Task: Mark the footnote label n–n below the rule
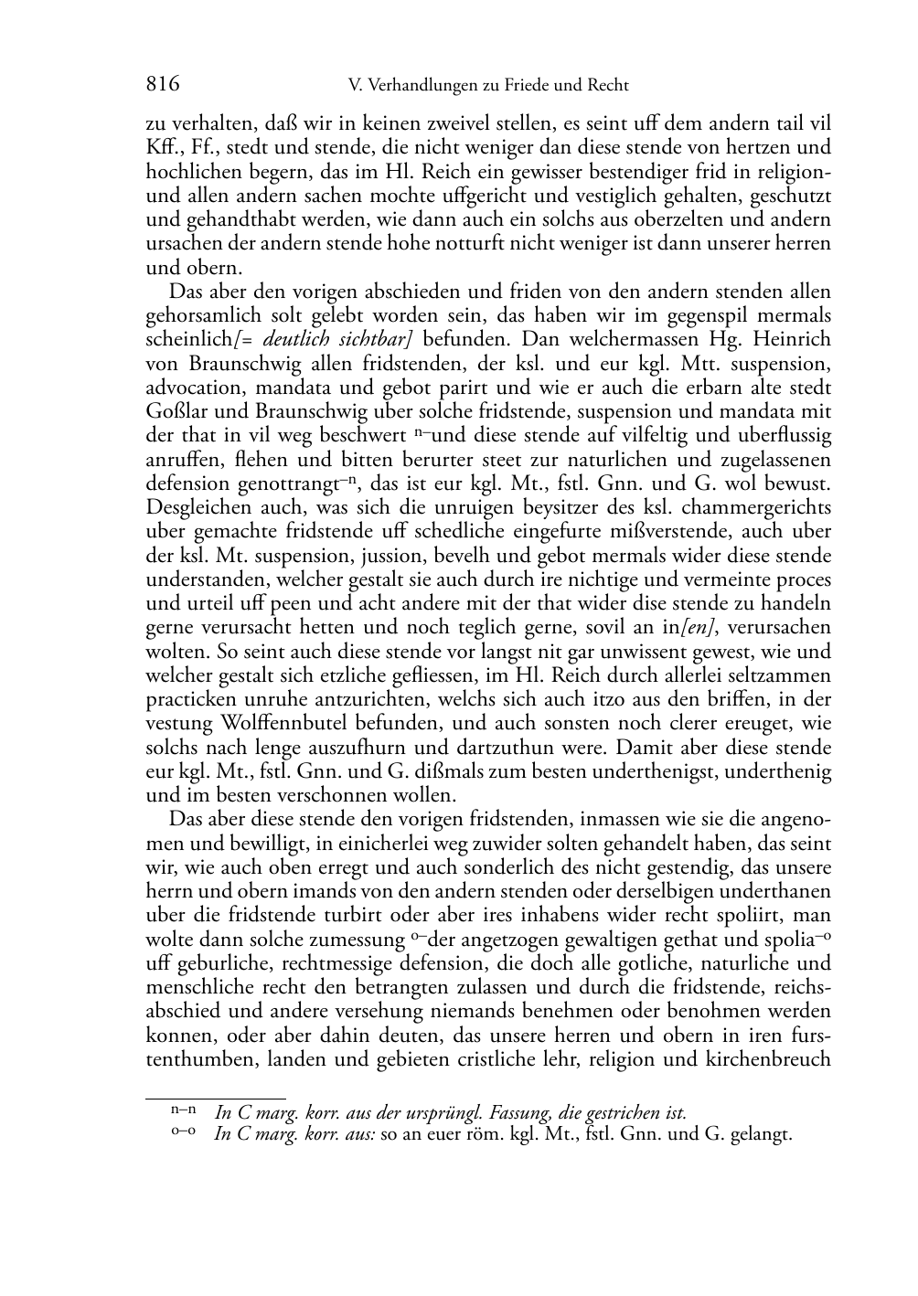[183, 1112]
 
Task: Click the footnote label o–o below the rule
[183, 1134]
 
